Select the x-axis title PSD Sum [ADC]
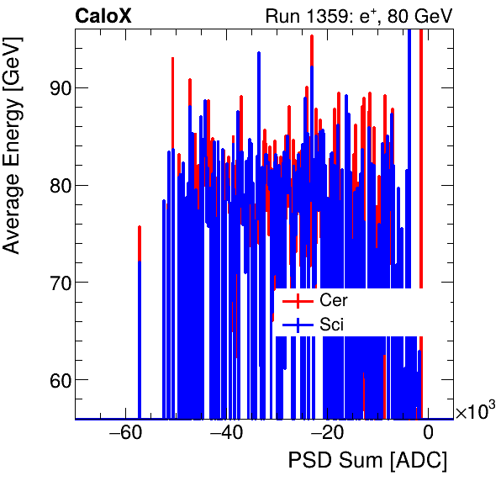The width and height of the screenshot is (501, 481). [367, 461]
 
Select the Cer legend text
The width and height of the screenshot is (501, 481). [334, 300]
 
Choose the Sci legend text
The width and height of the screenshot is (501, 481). [332, 324]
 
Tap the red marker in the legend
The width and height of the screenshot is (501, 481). [298, 300]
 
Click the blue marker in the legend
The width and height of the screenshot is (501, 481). [298, 324]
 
